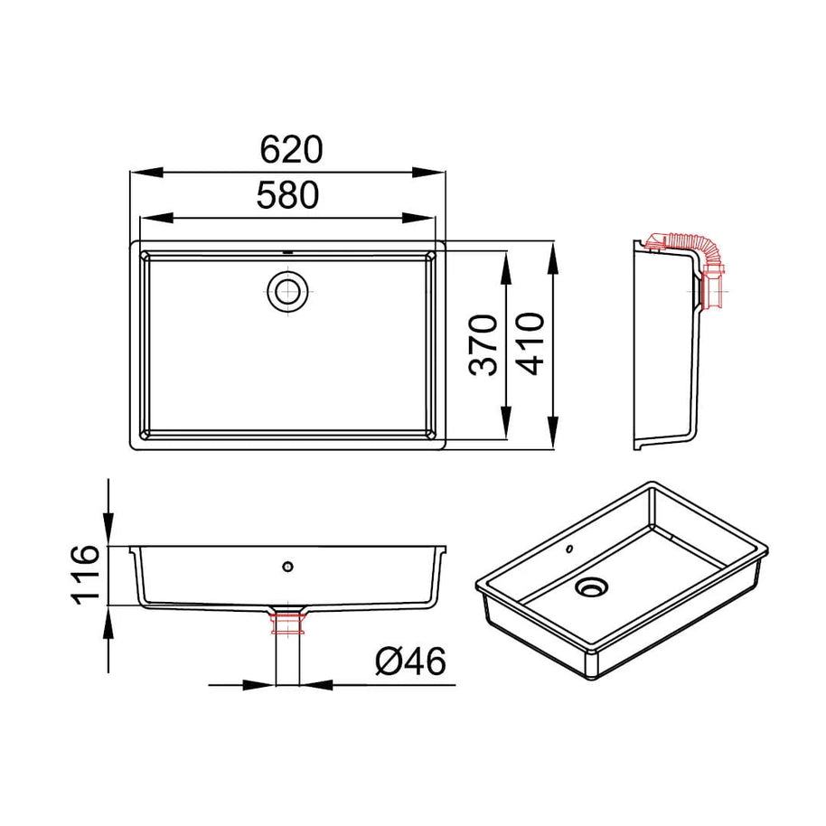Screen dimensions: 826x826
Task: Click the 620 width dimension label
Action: (x=291, y=150)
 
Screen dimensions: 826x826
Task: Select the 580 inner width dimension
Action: (x=287, y=194)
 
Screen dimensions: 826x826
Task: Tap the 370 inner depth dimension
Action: (x=483, y=345)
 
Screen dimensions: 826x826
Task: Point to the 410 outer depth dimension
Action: (x=530, y=343)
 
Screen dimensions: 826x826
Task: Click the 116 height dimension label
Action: (x=85, y=575)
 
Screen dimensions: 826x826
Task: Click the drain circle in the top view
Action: (x=287, y=291)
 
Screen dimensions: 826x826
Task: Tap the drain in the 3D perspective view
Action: (x=592, y=587)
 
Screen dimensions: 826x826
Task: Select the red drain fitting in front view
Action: (x=287, y=623)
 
